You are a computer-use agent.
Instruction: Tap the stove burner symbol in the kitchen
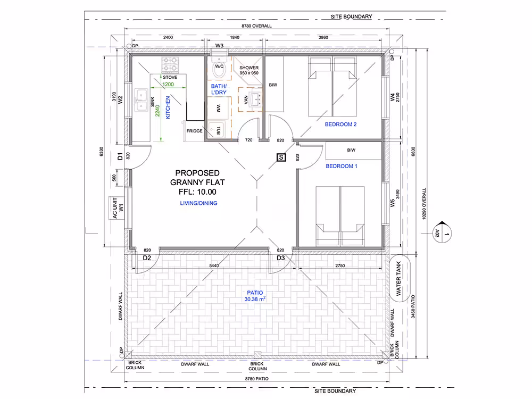[170, 65]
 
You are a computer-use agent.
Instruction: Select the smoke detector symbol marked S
[281, 157]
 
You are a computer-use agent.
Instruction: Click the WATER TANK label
[398, 278]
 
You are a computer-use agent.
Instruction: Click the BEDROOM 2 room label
[340, 124]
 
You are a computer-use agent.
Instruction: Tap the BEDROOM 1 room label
[342, 166]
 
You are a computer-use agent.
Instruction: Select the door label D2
[147, 258]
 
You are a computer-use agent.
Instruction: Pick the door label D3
[280, 258]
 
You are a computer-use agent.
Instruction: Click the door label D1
[120, 156]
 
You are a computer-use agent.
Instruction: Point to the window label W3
[220, 46]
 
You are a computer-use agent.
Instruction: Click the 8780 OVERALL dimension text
[256, 26]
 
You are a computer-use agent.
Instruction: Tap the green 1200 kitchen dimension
[168, 85]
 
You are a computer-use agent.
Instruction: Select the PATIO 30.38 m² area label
[255, 296]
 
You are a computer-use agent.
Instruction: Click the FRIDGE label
[194, 131]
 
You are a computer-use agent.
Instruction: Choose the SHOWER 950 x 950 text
[249, 70]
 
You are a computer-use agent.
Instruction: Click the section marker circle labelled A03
[443, 234]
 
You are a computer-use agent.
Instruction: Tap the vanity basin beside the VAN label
[255, 99]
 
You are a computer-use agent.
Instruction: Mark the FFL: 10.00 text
[197, 192]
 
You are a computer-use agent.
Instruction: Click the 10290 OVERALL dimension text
[424, 204]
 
